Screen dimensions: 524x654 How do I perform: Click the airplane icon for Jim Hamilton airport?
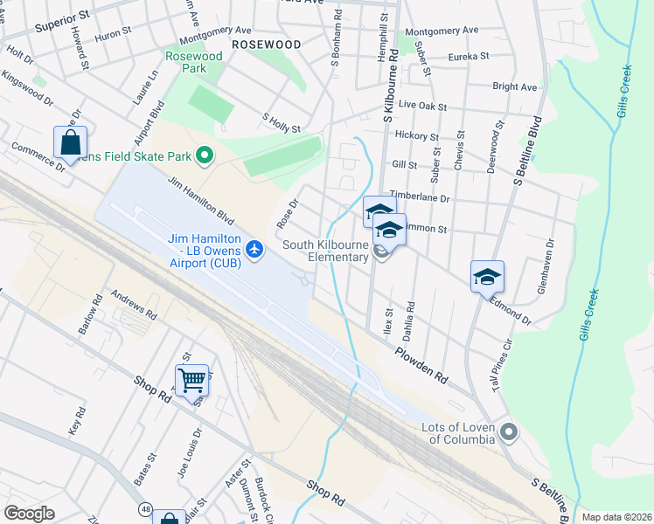254,249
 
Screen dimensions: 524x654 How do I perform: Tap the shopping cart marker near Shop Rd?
191,379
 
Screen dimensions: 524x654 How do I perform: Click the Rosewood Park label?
194,62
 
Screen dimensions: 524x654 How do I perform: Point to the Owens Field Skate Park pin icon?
205,157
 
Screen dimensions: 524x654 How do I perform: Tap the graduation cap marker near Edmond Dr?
487,277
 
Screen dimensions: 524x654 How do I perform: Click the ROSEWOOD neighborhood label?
267,44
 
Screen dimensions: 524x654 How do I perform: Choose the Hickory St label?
416,136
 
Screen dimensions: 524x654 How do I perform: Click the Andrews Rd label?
133,305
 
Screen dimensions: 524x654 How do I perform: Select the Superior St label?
62,23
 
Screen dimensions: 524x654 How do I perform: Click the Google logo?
29,513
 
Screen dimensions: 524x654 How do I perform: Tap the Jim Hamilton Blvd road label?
200,200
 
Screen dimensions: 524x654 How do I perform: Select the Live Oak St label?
422,107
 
